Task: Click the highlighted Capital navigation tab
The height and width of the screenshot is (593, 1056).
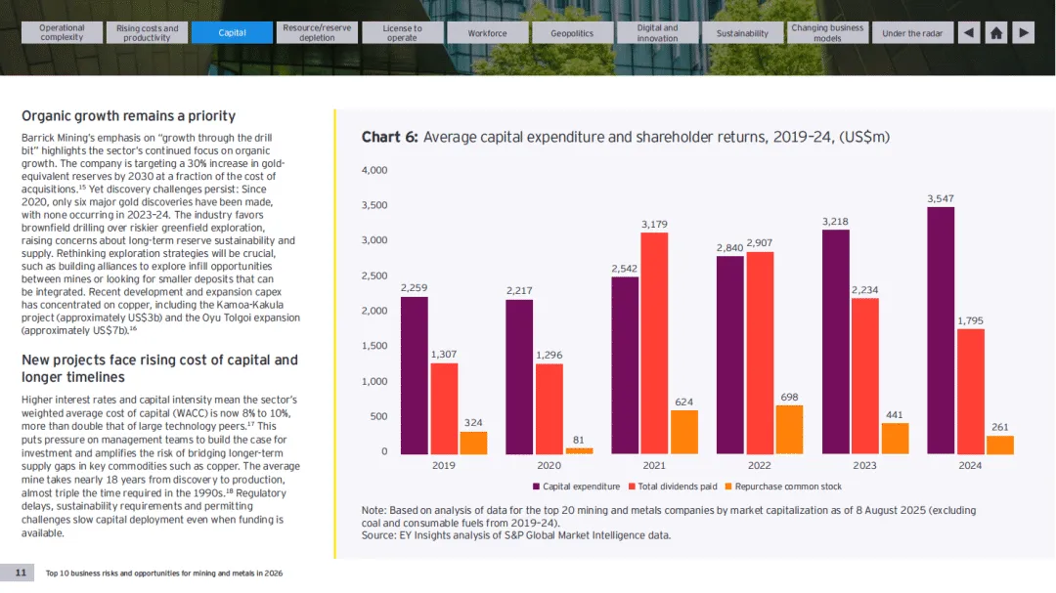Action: click(232, 33)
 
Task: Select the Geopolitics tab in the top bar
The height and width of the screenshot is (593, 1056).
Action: click(572, 33)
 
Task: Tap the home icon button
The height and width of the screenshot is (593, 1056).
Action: click(995, 33)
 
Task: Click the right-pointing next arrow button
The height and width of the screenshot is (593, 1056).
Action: click(1023, 33)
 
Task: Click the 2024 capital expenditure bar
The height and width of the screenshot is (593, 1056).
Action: click(941, 330)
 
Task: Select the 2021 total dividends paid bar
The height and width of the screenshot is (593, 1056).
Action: click(654, 343)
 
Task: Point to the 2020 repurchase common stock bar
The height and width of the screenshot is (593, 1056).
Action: click(579, 450)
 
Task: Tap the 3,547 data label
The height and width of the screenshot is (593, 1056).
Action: click(941, 199)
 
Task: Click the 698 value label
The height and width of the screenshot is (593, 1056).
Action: click(790, 398)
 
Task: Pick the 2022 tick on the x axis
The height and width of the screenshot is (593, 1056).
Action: click(760, 466)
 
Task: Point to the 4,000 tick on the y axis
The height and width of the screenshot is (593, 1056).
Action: click(375, 171)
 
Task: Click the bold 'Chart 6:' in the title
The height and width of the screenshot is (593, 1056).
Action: click(389, 138)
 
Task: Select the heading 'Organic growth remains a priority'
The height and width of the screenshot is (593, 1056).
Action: click(128, 116)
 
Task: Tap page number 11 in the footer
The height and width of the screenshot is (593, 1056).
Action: click(21, 572)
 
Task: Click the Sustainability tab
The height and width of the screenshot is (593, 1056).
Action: click(742, 33)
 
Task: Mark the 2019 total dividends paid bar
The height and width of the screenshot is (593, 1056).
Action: click(444, 408)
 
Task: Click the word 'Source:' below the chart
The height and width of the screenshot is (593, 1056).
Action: click(378, 535)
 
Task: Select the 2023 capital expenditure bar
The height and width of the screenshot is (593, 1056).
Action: click(835, 342)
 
